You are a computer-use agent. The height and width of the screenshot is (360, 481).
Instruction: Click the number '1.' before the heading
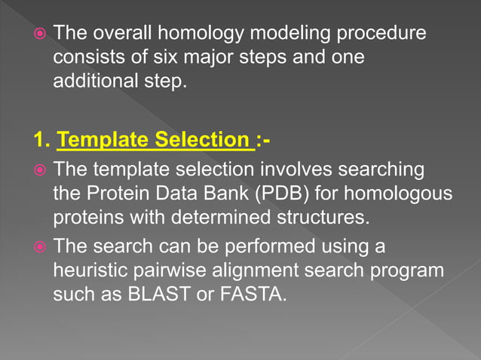(42, 140)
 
